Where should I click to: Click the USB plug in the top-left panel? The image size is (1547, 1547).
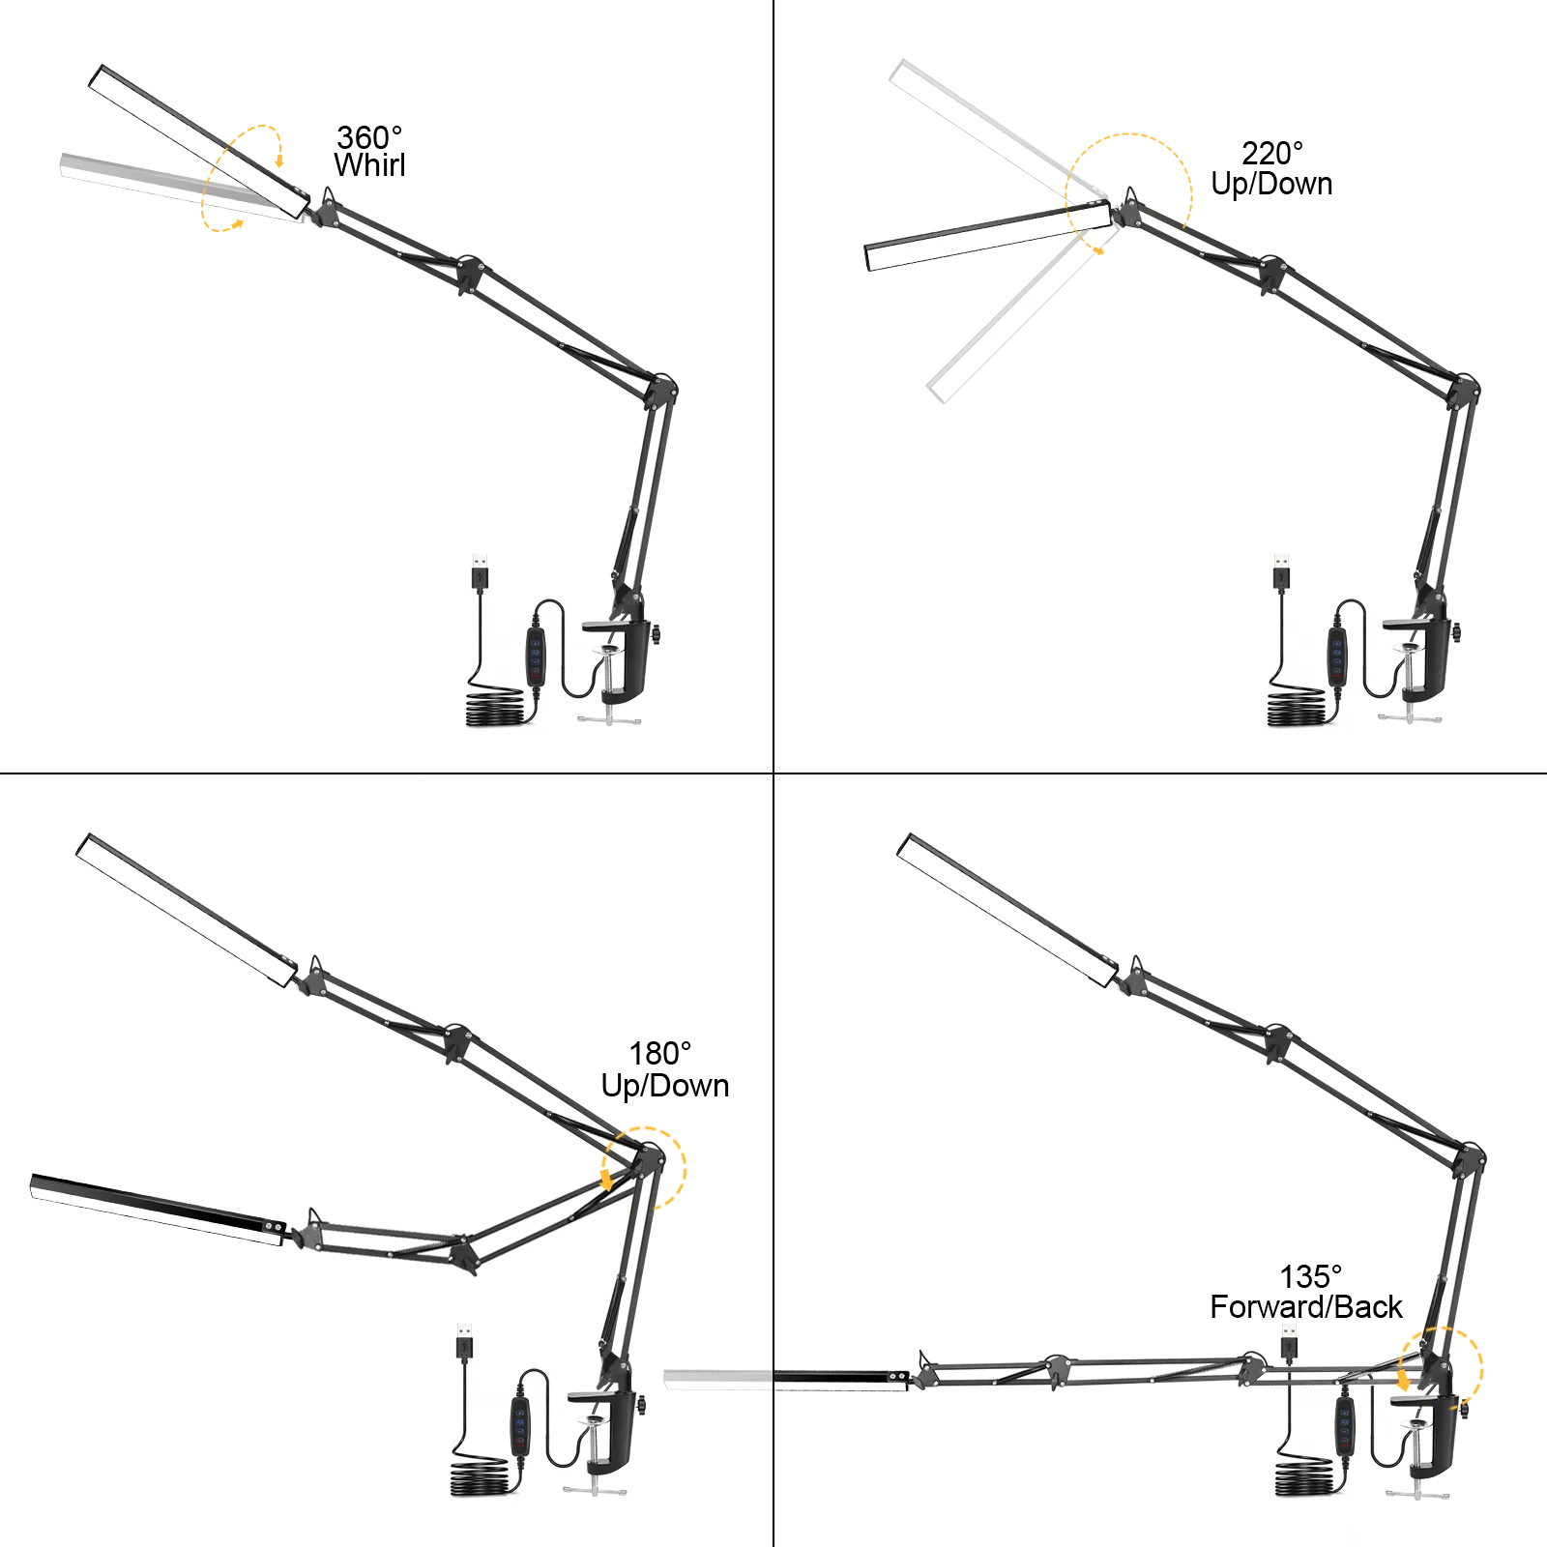click(x=479, y=568)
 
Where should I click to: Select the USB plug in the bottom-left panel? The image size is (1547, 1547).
click(x=463, y=1346)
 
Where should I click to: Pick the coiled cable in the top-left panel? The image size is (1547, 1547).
click(x=498, y=712)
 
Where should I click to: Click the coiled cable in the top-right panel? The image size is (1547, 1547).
click(x=1300, y=712)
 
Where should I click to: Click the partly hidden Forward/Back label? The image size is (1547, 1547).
click(x=1305, y=1309)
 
